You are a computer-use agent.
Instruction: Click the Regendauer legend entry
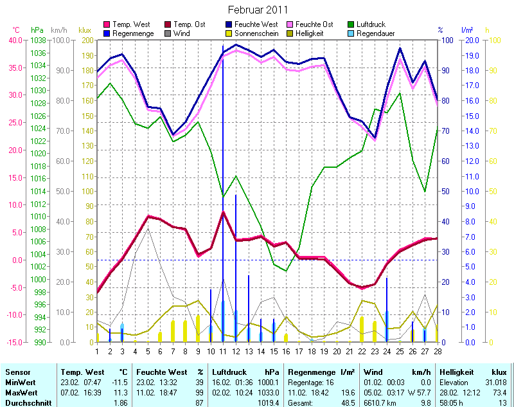(x=376, y=33)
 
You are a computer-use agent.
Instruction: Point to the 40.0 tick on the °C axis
(x=16, y=40)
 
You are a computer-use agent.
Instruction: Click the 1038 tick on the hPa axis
(x=38, y=40)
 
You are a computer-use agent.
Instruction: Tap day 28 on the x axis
(x=438, y=351)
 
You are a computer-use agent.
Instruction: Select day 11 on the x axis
(x=223, y=351)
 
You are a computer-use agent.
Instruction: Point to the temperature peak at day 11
(x=223, y=212)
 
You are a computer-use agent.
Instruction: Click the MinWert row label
(x=20, y=382)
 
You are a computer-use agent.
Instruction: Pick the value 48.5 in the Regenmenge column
(x=348, y=402)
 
